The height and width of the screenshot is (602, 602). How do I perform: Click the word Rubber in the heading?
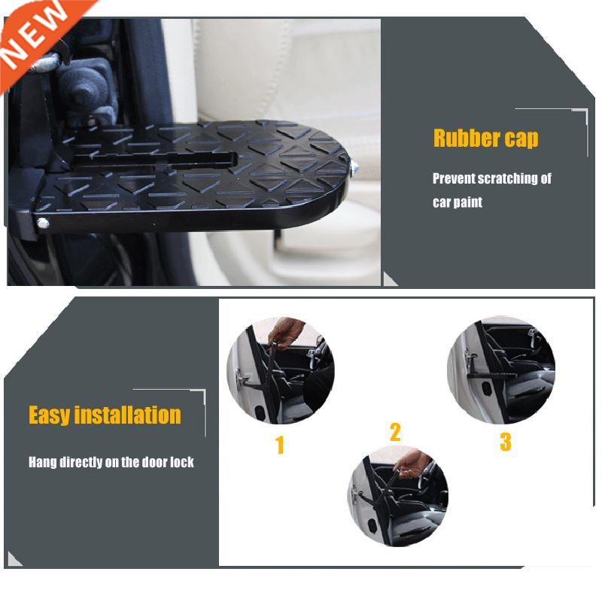click(467, 138)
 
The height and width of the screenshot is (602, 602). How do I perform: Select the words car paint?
click(458, 202)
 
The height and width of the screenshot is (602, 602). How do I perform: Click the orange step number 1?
click(280, 445)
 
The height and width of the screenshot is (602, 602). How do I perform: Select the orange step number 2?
click(395, 432)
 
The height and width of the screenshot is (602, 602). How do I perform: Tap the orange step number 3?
click(506, 442)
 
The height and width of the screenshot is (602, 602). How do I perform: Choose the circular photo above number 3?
click(501, 369)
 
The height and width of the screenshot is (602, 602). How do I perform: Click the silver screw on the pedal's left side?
click(44, 223)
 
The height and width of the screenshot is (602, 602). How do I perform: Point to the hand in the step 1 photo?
click(286, 330)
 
